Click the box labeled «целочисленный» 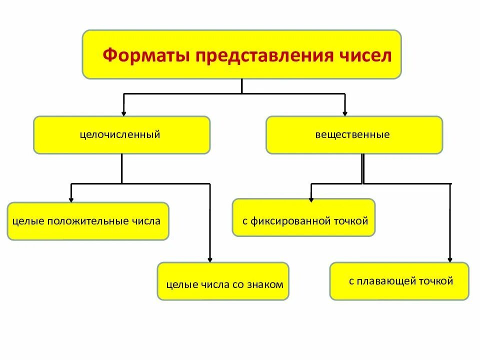click(121, 135)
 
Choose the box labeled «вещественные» click(354, 135)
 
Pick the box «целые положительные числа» click(87, 221)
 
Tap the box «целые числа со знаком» click(223, 281)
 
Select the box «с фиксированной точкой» click(303, 217)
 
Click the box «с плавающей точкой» click(399, 281)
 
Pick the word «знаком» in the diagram click(265, 284)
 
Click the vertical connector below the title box click(242, 86)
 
